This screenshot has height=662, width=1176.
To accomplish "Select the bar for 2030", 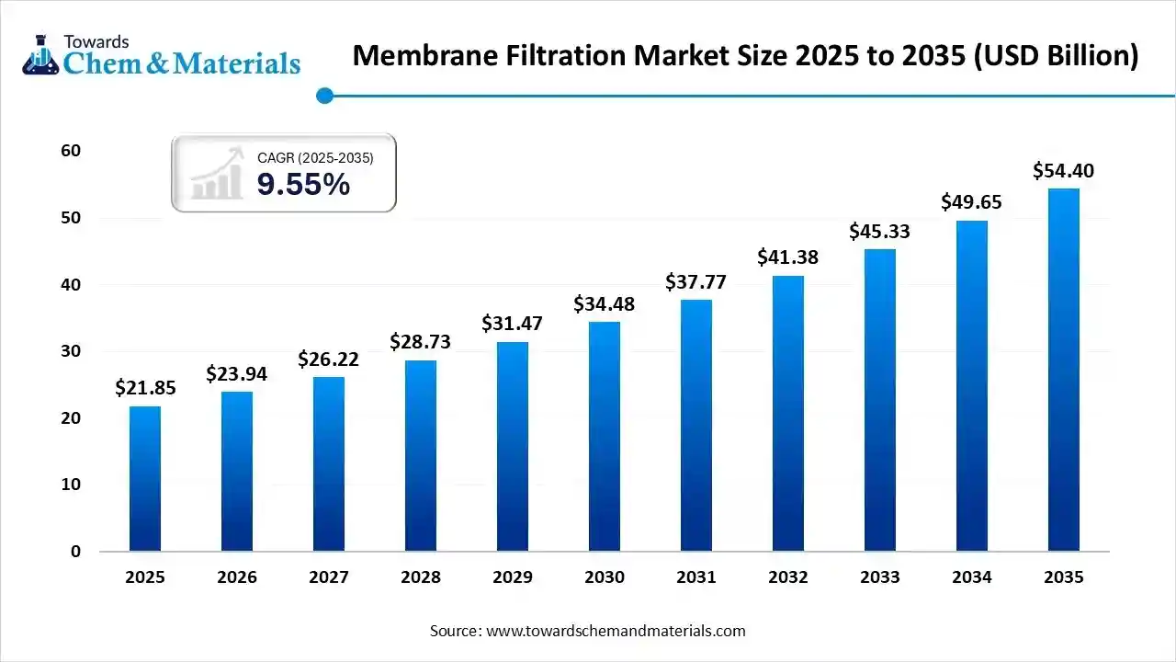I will click(x=605, y=437).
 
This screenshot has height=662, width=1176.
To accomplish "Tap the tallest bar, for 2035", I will click(x=1064, y=370).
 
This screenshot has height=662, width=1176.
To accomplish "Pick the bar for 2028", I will click(x=421, y=456).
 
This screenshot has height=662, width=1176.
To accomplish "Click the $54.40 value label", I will click(x=1063, y=171).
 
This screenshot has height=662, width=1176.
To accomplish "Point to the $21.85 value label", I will click(x=145, y=388).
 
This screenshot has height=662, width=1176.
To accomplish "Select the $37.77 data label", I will click(x=695, y=282).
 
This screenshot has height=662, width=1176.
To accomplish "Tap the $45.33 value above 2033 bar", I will click(x=879, y=232).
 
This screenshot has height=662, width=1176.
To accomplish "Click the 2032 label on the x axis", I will click(x=788, y=577).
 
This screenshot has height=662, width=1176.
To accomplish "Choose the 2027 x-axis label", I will click(x=329, y=577).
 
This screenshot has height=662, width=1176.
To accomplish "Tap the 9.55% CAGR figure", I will click(x=303, y=185).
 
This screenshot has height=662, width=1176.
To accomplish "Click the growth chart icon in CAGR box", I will click(x=218, y=174).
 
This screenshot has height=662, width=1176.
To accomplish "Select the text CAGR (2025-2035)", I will click(x=315, y=158).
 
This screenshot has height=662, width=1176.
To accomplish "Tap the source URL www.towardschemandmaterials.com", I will click(x=616, y=631).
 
